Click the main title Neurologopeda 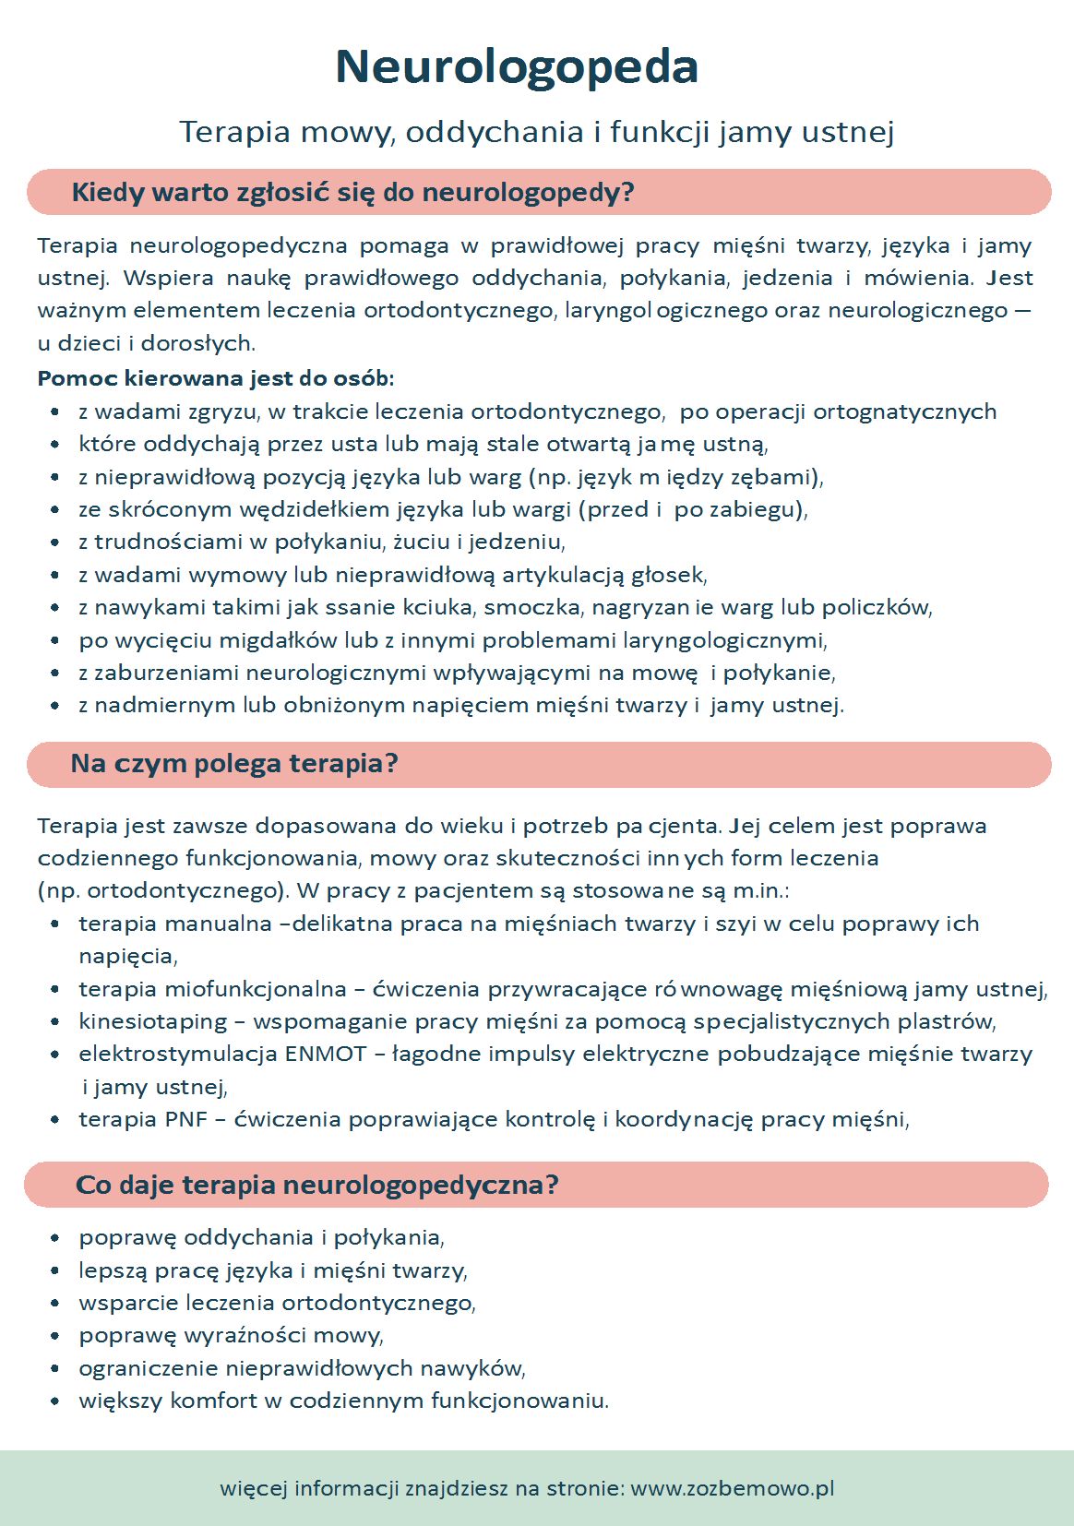[x=517, y=66]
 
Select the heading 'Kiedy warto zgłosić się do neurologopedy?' [x=352, y=193]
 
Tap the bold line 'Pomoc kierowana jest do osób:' [x=216, y=378]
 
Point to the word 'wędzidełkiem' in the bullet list [x=315, y=509]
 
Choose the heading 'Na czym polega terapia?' [x=234, y=764]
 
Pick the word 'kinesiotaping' [x=153, y=1021]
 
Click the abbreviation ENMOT [x=326, y=1054]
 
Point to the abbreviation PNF [x=186, y=1119]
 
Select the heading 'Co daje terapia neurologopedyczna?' [x=316, y=1185]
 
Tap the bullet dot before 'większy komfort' [x=55, y=1401]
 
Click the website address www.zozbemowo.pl [x=733, y=1488]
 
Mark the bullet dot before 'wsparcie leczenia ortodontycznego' [x=55, y=1303]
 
